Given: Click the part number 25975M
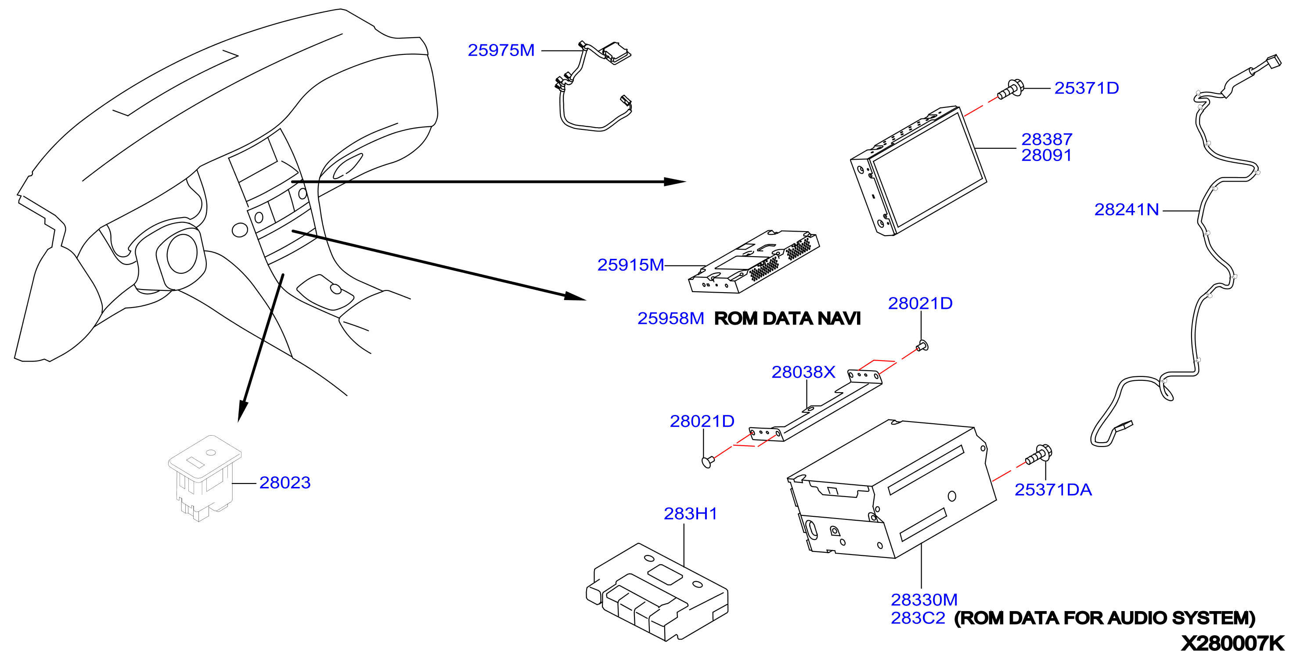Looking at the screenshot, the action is pyautogui.click(x=501, y=50).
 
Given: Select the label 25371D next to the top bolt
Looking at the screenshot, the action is pyautogui.click(x=1087, y=88).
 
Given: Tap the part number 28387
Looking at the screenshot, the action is pyautogui.click(x=1046, y=139).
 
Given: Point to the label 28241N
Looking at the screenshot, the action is pyautogui.click(x=1126, y=210).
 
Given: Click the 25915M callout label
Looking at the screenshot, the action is pyautogui.click(x=630, y=265).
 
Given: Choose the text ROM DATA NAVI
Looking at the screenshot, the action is pyautogui.click(x=787, y=318).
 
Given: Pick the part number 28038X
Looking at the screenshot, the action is pyautogui.click(x=803, y=372).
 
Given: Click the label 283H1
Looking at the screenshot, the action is pyautogui.click(x=690, y=514).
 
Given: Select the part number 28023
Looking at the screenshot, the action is pyautogui.click(x=285, y=483).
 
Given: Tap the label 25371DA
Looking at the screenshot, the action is pyautogui.click(x=1053, y=490).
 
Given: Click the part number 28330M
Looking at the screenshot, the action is pyautogui.click(x=924, y=600).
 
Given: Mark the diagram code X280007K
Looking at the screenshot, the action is pyautogui.click(x=1232, y=643).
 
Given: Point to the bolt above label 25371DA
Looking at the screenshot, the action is pyautogui.click(x=1039, y=454).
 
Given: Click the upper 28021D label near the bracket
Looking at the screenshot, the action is pyautogui.click(x=920, y=304).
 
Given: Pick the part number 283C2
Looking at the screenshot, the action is pyautogui.click(x=918, y=619).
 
